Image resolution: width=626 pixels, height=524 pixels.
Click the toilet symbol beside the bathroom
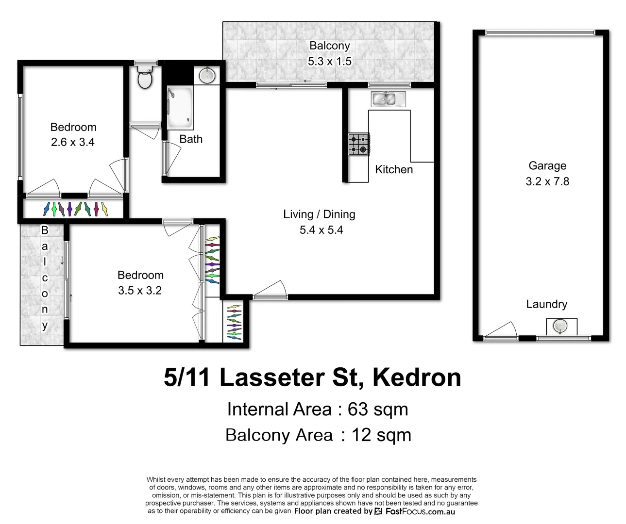pyautogui.click(x=145, y=78)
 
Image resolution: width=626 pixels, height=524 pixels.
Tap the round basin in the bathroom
pyautogui.click(x=208, y=75)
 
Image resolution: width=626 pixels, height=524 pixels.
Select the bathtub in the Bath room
pyautogui.click(x=180, y=108)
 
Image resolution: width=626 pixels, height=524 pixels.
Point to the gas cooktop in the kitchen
pyautogui.click(x=359, y=144)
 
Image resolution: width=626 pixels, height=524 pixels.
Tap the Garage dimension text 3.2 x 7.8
pyautogui.click(x=547, y=181)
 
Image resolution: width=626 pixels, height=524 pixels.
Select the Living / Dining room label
pyautogui.click(x=319, y=214)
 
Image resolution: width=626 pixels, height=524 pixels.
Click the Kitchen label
pyautogui.click(x=394, y=169)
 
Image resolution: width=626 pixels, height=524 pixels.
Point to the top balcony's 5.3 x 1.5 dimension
pyautogui.click(x=329, y=62)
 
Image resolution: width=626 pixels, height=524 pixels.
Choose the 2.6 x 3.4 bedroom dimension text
pyautogui.click(x=73, y=143)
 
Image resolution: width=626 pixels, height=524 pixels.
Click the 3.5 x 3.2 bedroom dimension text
pyautogui.click(x=140, y=291)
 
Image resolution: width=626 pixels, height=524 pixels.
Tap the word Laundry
pyautogui.click(x=546, y=304)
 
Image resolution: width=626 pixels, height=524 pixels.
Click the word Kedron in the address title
pyautogui.click(x=416, y=377)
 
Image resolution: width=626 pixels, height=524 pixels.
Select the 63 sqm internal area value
pyautogui.click(x=378, y=409)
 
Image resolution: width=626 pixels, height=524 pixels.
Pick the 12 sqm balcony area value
pyautogui.click(x=381, y=435)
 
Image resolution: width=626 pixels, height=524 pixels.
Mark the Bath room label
pyautogui.click(x=191, y=139)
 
